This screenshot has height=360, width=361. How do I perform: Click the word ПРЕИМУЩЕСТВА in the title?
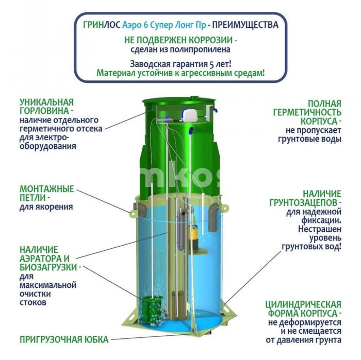[x=245, y=25]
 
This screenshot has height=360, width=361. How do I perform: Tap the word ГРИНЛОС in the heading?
[x=102, y=25]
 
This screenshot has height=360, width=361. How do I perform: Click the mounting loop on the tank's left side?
[x=133, y=214]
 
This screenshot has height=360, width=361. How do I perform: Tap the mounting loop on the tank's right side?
[x=225, y=208]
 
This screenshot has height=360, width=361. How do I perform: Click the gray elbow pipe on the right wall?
[x=214, y=216]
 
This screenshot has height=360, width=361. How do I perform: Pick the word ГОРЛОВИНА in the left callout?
[x=44, y=111]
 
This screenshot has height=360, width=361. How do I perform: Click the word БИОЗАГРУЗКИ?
[x=48, y=267]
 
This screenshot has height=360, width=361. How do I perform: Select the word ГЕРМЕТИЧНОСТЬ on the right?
[x=307, y=113]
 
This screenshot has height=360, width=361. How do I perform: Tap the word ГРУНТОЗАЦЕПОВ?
[x=304, y=203]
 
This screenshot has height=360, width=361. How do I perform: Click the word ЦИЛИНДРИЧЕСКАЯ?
[x=303, y=304]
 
